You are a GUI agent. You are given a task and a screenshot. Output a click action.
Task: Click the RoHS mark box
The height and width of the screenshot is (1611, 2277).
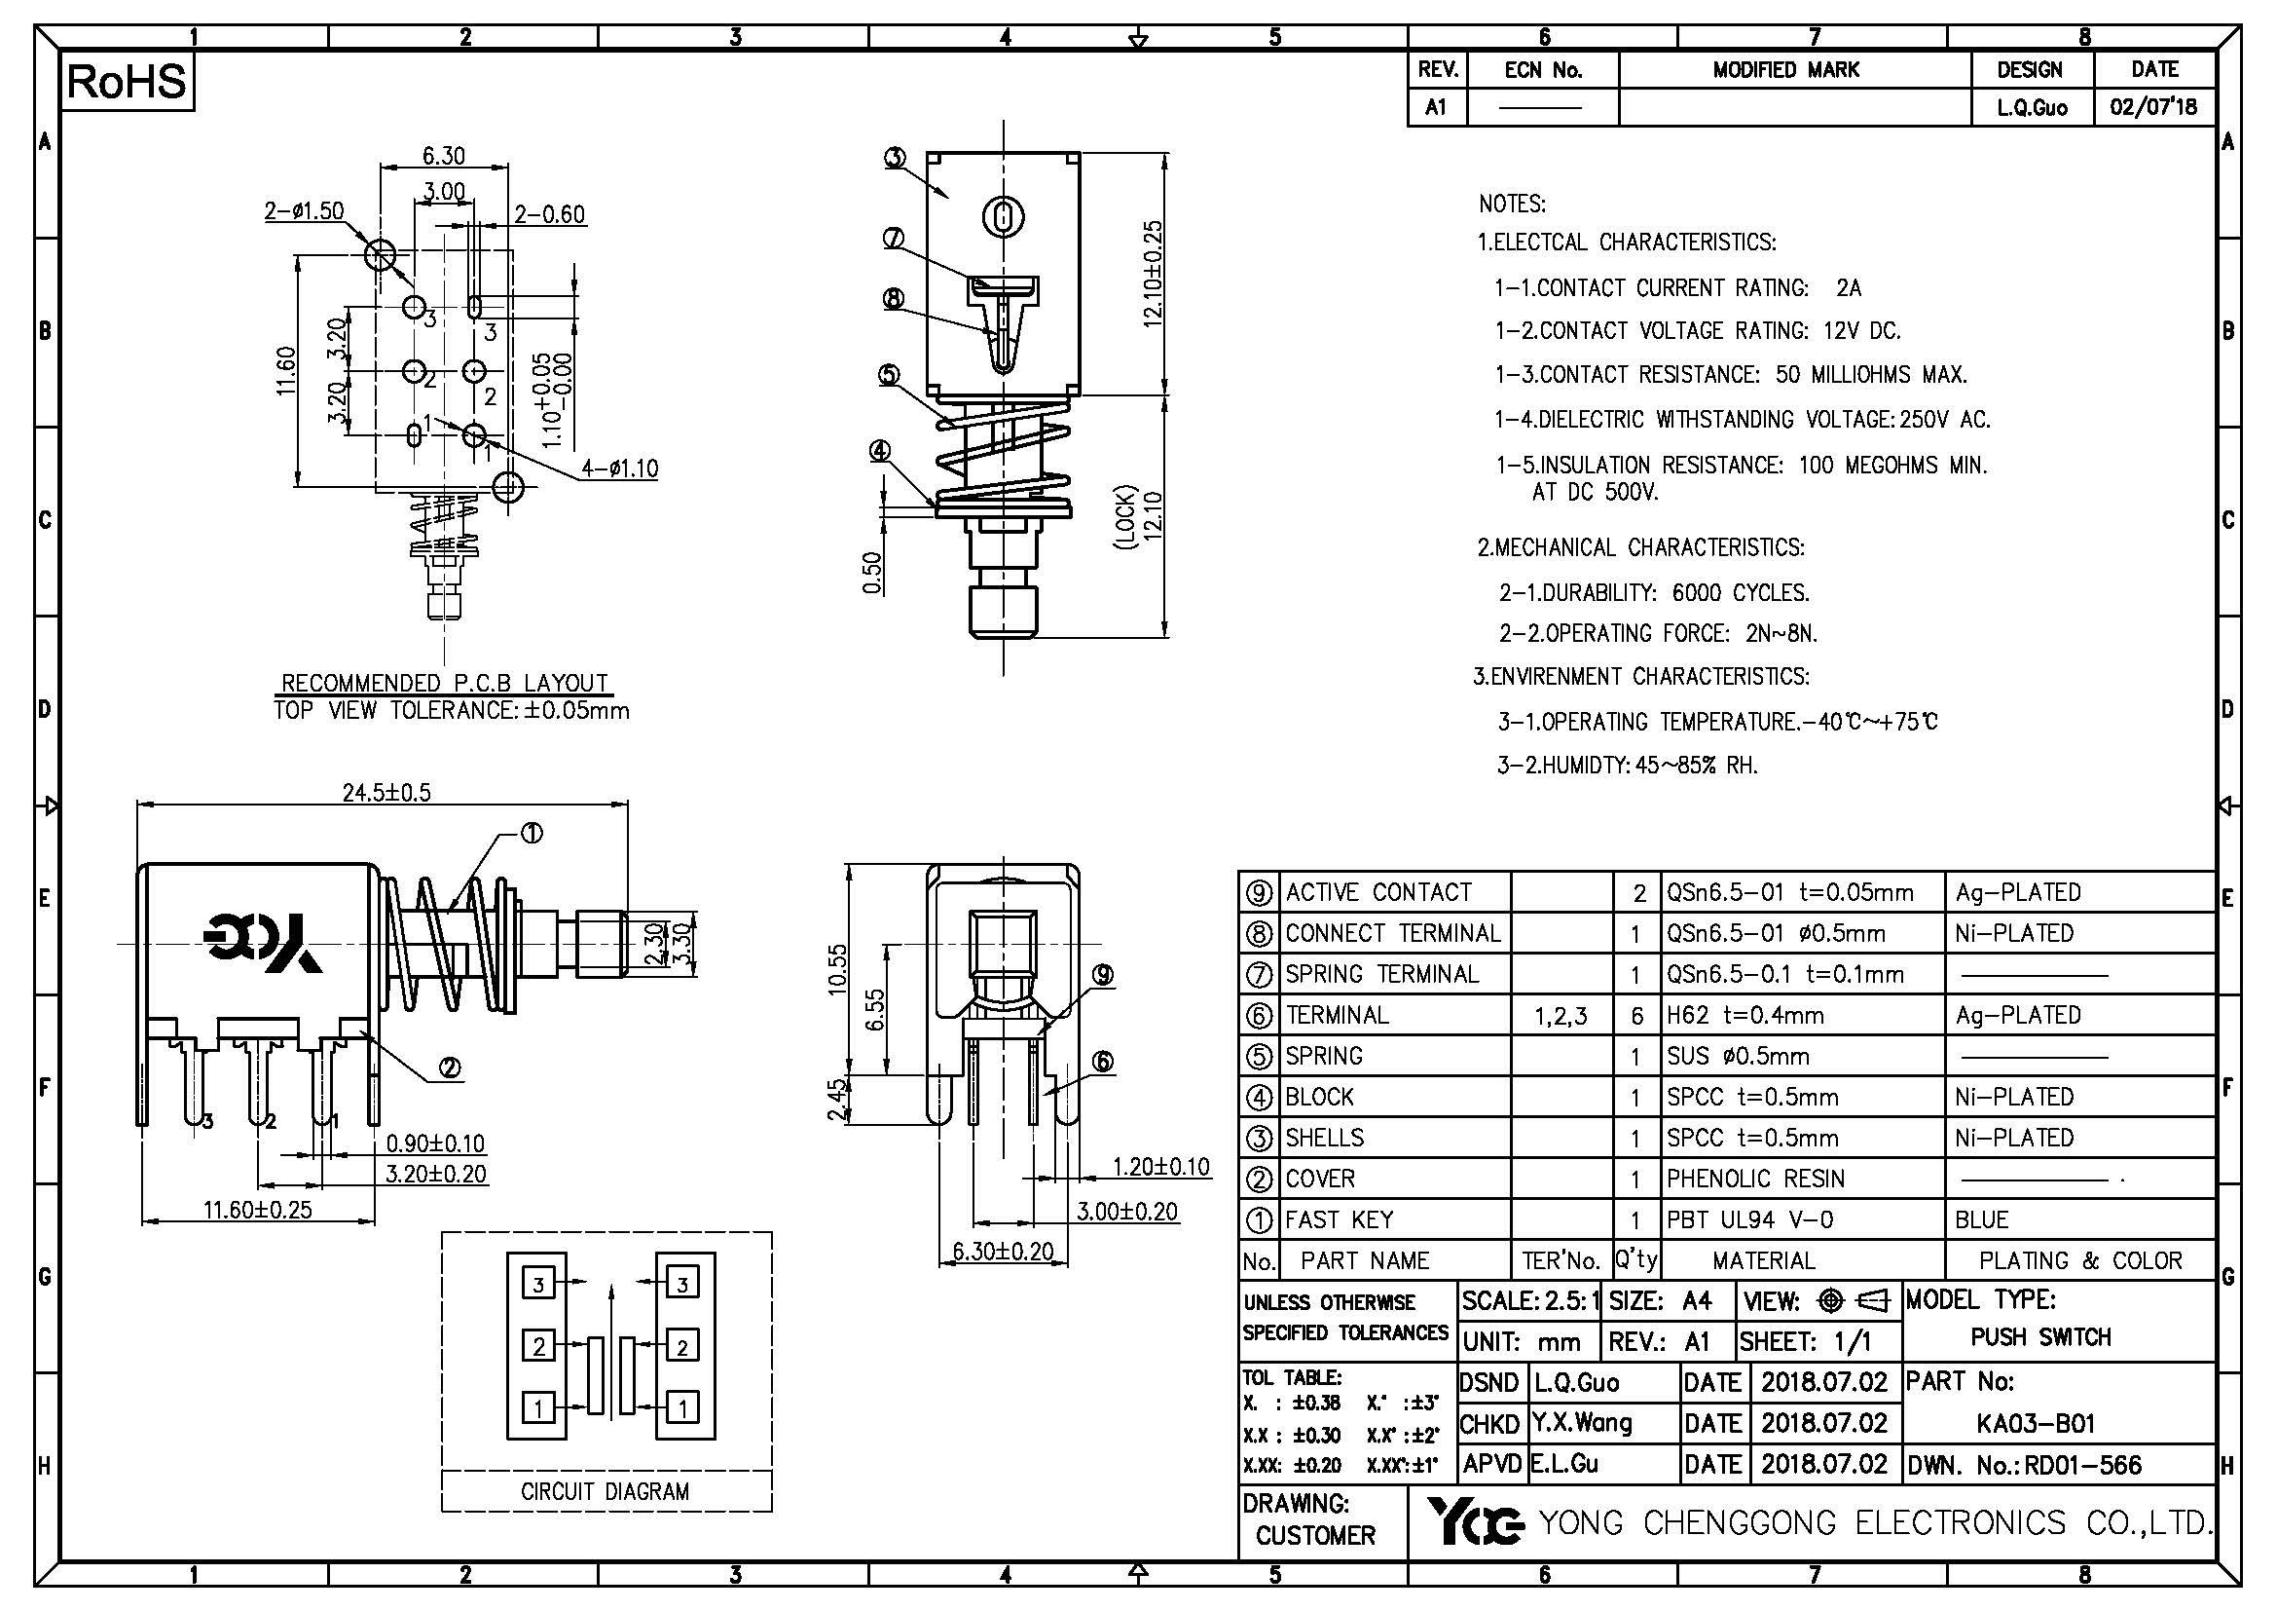(127, 82)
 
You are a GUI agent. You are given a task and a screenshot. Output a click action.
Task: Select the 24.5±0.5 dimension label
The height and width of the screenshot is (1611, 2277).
(386, 792)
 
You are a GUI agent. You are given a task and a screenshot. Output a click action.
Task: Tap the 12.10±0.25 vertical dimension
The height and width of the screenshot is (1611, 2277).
(1153, 273)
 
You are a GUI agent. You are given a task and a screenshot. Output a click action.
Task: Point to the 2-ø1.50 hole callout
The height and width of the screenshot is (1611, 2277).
(304, 210)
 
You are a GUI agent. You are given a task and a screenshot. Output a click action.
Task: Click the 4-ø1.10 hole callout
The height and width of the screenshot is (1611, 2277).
(619, 468)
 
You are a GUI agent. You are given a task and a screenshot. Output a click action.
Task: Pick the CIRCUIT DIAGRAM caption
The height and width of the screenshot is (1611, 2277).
(605, 1491)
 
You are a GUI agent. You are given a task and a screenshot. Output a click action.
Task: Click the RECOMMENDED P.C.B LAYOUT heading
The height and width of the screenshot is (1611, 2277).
(444, 683)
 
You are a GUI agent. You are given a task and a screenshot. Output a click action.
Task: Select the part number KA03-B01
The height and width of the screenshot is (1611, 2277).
(2036, 1424)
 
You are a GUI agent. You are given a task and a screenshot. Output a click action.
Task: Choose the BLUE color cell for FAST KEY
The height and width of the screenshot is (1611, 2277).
(1981, 1219)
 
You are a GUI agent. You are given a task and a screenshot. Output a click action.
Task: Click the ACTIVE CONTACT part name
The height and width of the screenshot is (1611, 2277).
(1378, 892)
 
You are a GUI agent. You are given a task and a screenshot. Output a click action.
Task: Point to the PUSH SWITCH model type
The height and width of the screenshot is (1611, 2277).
(2041, 1337)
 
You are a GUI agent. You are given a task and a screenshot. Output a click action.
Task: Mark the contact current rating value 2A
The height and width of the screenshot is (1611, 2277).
(1849, 287)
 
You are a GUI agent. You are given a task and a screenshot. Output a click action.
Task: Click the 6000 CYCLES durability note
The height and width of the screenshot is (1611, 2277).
(1741, 592)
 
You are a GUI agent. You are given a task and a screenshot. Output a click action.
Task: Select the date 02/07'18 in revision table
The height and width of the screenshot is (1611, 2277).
(2153, 106)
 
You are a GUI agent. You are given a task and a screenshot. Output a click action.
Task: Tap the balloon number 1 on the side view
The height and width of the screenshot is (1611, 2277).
(532, 835)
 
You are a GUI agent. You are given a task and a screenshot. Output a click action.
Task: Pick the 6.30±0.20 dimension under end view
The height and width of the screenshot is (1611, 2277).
(1003, 1251)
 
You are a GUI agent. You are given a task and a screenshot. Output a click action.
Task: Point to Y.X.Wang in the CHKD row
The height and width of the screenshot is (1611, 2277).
(1581, 1424)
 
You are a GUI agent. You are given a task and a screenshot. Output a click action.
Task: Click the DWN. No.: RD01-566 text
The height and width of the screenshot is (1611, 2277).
(2023, 1465)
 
